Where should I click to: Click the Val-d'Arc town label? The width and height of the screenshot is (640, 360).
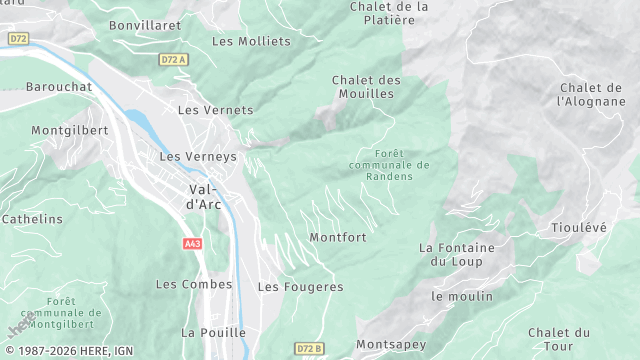coord(204,196)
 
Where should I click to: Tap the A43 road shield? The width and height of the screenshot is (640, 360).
coord(193,243)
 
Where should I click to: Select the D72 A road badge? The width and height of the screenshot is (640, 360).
coord(173,60)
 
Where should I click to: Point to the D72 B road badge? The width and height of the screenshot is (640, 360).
coord(310,348)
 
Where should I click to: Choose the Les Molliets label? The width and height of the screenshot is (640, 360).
coord(251,41)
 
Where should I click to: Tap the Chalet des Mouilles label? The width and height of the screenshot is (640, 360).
coord(366,87)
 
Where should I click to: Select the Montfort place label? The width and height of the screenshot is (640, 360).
coord(338,237)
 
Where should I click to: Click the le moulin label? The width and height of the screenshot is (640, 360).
coord(462,296)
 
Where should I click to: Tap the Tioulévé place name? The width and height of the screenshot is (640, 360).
coord(579,227)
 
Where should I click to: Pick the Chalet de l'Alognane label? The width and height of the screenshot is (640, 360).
coord(592,94)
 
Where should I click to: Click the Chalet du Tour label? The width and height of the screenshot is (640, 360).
coord(559,339)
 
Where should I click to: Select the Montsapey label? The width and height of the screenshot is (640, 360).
coord(391,344)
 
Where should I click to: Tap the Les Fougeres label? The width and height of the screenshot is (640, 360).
coord(300,286)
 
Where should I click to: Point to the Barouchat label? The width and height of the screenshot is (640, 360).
coord(59,87)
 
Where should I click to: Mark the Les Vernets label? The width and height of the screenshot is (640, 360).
coord(215,110)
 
